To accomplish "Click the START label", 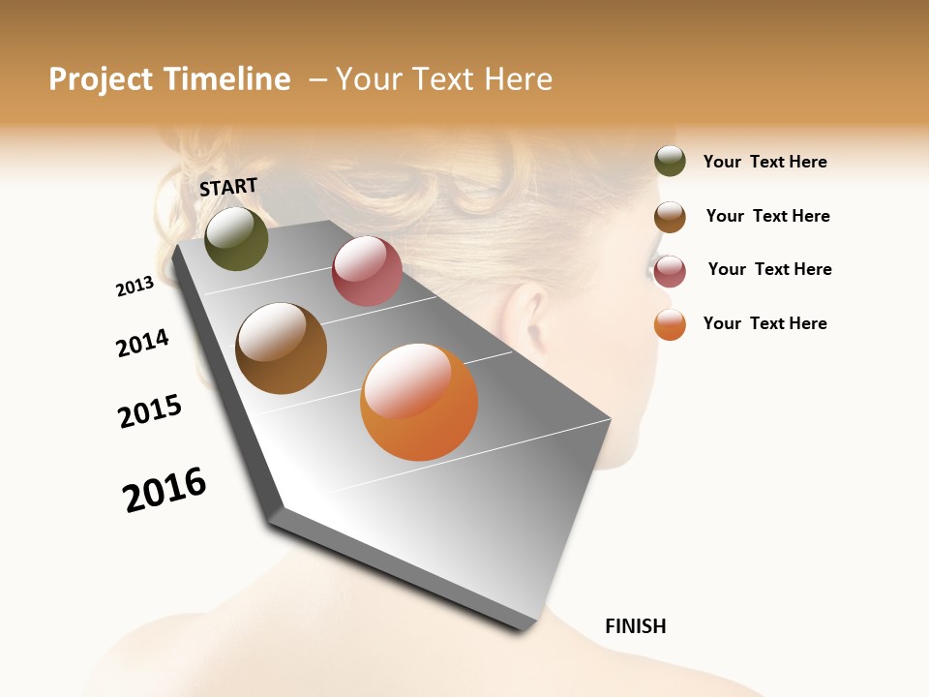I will pos(228,187).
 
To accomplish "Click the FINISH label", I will pos(636,626).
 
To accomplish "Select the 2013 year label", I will pos(135,287).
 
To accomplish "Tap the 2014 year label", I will pos(142,343).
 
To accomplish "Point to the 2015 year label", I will pos(150,411).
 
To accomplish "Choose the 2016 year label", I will pos(165,490).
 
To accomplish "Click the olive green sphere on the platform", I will pos(236,238).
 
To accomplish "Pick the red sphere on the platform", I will pos(367,271).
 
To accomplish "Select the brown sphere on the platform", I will pos(281,348).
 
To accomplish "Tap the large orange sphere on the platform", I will pos(419,401).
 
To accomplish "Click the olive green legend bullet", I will pos(670,161).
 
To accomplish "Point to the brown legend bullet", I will pos(670,217).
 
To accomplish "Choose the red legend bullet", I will pos(670,271).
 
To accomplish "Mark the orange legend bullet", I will pos(670,324).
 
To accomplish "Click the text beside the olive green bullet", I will pos(764,162).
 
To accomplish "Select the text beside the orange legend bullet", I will pos(764,323).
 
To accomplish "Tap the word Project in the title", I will pos(101,79).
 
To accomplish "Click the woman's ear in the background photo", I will pos(524,319).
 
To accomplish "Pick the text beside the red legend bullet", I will pos(769,269).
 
